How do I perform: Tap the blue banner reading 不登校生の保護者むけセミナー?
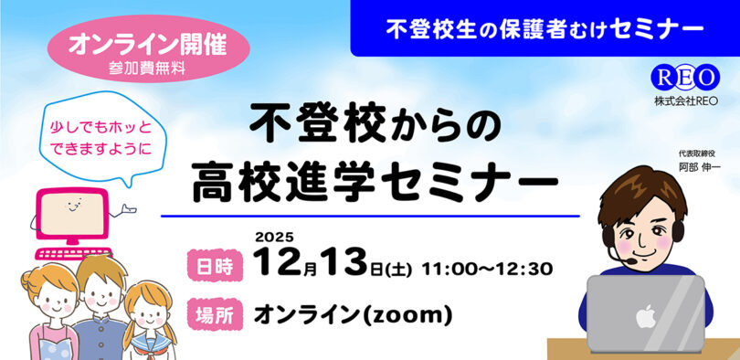pos(544,28)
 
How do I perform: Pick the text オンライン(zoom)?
pos(352,316)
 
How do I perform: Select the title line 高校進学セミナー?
pos(375,178)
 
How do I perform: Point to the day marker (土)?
pos(400,270)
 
